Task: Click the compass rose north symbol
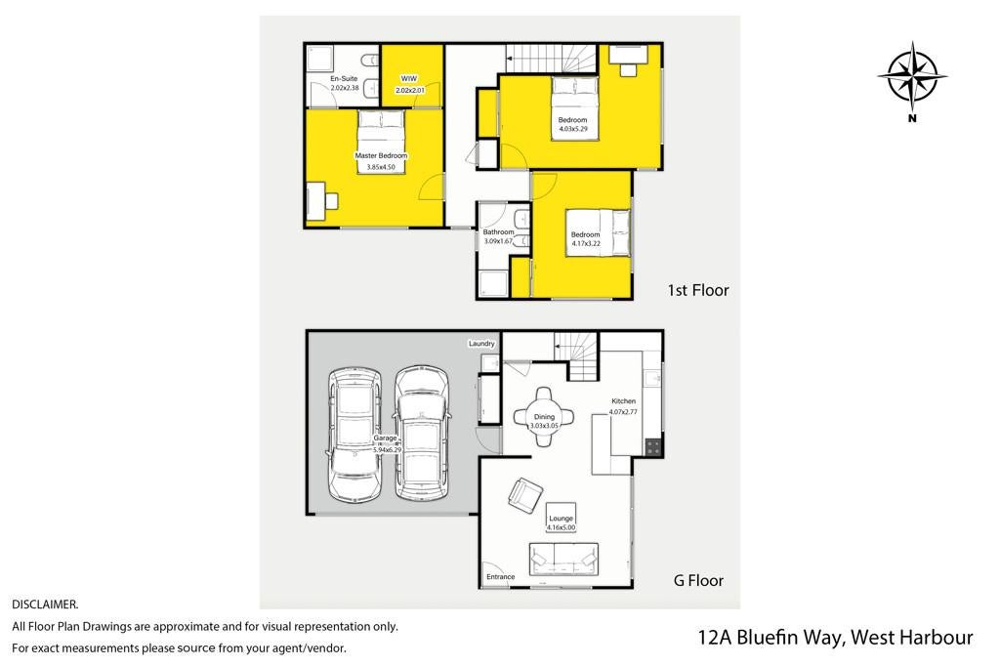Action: pyautogui.click(x=912, y=76)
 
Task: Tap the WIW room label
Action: pyautogui.click(x=409, y=78)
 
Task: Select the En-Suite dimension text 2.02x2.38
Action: pyautogui.click(x=345, y=88)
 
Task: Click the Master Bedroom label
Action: pyautogui.click(x=381, y=155)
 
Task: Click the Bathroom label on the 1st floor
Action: pyautogui.click(x=498, y=232)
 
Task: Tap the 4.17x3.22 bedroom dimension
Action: pyautogui.click(x=586, y=243)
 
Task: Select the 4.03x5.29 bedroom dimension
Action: pyautogui.click(x=573, y=129)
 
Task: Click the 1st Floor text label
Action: pyautogui.click(x=697, y=290)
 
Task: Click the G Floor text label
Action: pyautogui.click(x=698, y=580)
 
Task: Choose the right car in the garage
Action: pyautogui.click(x=421, y=433)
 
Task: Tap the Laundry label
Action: pyautogui.click(x=481, y=344)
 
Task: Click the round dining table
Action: pyautogui.click(x=544, y=417)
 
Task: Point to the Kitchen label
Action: pyautogui.click(x=624, y=401)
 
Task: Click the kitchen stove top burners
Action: pyautogui.click(x=653, y=447)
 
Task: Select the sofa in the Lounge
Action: pyautogui.click(x=563, y=560)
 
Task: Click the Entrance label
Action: pyautogui.click(x=501, y=577)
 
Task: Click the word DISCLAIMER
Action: pyautogui.click(x=45, y=604)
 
